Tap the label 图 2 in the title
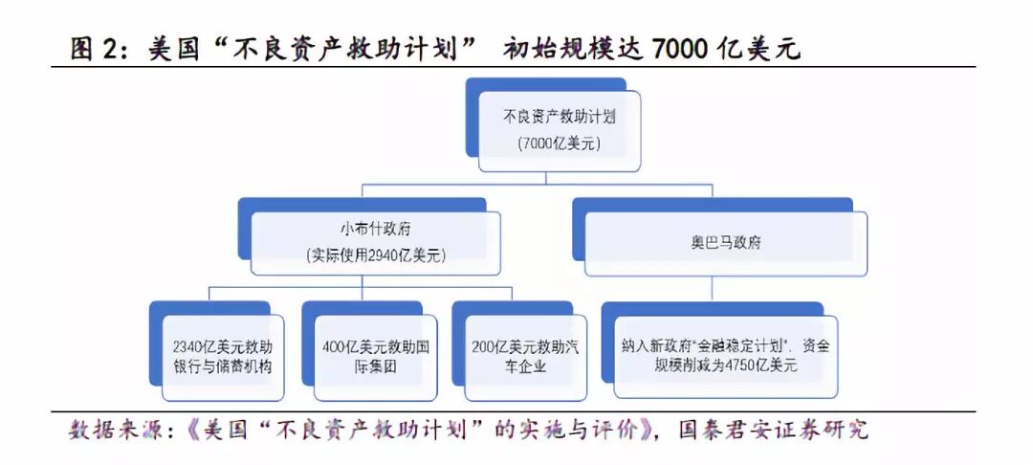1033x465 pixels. [93, 49]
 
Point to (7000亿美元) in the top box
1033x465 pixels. [559, 144]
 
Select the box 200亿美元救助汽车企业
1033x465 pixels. [522, 355]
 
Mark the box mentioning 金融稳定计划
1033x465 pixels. [724, 355]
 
